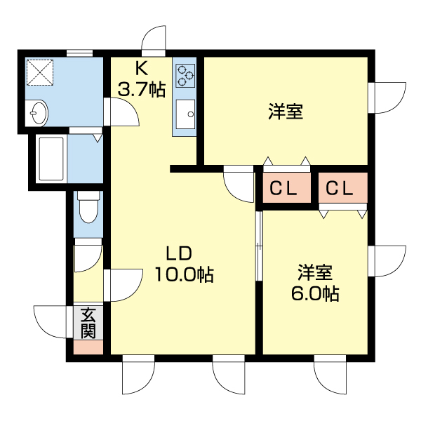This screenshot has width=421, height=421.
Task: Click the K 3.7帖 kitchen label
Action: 142,79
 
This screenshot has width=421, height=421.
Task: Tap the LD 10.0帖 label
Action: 184,264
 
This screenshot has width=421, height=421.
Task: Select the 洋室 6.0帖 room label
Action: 315,283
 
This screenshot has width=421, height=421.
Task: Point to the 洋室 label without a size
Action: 286,112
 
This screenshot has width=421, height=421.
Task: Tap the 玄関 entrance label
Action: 88,323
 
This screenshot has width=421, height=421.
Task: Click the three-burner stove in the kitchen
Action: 185,75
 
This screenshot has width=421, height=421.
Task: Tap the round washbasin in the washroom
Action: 38,112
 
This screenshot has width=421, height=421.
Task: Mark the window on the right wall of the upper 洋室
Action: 387,94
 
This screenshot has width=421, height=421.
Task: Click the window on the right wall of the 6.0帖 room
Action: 387,261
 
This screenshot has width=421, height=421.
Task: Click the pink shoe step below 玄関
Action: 88,347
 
